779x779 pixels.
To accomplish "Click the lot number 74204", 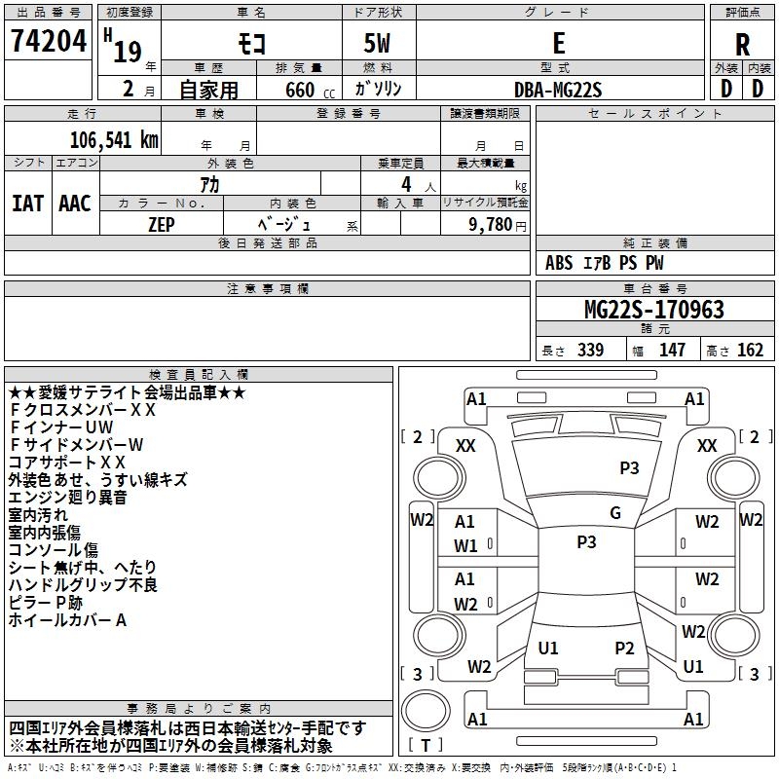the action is point(49,40).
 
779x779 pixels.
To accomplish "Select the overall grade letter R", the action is point(742,45).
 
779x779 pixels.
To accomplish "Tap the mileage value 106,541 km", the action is point(114,140).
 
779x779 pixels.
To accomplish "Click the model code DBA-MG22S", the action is point(558,90).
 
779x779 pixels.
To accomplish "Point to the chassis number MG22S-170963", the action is point(654,310).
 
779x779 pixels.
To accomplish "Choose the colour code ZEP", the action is point(162,225).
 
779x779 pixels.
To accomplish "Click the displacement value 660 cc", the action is point(310,90).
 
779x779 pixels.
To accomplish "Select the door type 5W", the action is point(377,43).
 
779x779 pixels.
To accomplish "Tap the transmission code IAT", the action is point(28,204).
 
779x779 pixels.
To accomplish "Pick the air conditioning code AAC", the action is point(75,204).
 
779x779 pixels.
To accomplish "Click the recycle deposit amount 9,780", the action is point(491,225).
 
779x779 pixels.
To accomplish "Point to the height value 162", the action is point(750,350).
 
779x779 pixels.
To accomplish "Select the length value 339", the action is point(591,350).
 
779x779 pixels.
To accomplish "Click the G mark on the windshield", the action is point(615,513).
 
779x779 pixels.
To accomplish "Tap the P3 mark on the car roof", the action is point(587,542).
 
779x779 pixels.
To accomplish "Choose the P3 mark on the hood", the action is point(629,468).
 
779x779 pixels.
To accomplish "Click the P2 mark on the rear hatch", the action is point(624,649).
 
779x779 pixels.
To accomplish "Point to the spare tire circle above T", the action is point(426,711).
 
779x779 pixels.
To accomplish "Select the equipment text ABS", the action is point(559,263).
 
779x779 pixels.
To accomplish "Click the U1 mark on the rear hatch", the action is point(548,649).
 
